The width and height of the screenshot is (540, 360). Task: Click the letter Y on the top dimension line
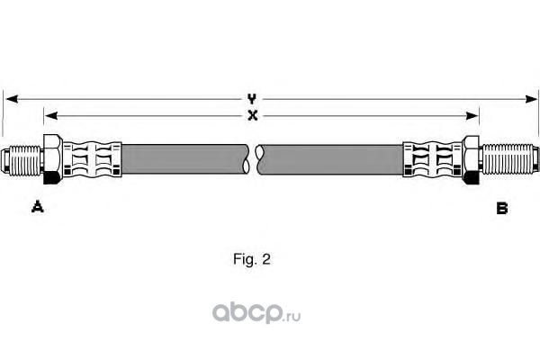tap(253, 98)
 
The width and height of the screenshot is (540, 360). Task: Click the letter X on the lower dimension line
tap(253, 115)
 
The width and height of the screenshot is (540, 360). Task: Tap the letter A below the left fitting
tap(38, 208)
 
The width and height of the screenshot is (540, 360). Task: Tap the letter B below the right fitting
tap(502, 208)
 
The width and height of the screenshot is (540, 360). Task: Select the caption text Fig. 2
tap(251, 259)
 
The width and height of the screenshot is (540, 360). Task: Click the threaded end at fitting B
tap(511, 160)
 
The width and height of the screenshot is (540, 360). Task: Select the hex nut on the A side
tap(52, 160)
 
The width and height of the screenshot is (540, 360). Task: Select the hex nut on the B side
tap(472, 160)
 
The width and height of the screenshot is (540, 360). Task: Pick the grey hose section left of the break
tap(184, 160)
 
